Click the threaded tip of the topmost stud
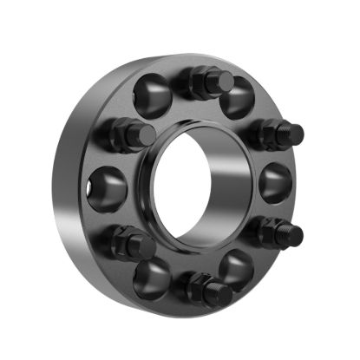click(225, 82)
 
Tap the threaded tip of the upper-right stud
click(295, 134)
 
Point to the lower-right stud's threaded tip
click(294, 234)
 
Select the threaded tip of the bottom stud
click(223, 295)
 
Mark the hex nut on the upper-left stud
click(124, 134)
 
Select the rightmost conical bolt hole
click(276, 182)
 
